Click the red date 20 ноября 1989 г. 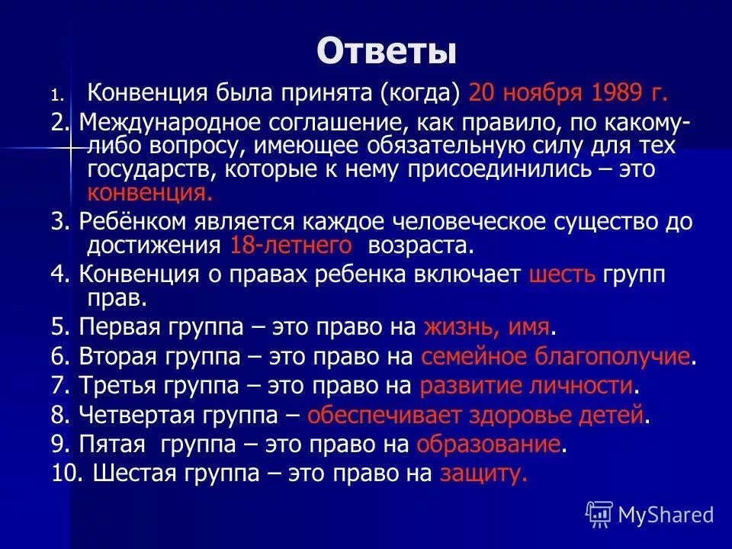(x=569, y=93)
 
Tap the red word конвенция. (x=149, y=192)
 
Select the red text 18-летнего (x=291, y=245)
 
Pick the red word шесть (x=561, y=274)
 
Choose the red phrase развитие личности (x=526, y=386)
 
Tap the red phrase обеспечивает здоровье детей (x=477, y=416)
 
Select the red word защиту (x=483, y=474)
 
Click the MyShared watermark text (x=666, y=515)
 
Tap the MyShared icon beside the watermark (x=599, y=515)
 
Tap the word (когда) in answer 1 (x=422, y=93)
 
